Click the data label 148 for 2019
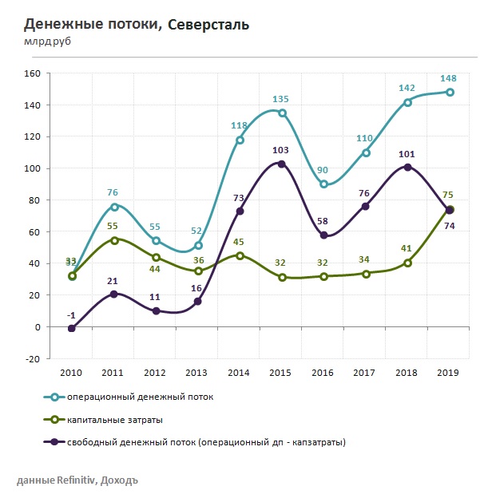coord(450,78)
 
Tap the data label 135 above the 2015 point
coord(280,99)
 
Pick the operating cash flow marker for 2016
coord(323,184)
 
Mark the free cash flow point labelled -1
coord(72,328)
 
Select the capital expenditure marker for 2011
coord(114,240)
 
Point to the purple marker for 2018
coord(408,167)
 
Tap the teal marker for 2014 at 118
coord(240,140)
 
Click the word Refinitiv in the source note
coord(75,480)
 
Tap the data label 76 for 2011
coord(113,192)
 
